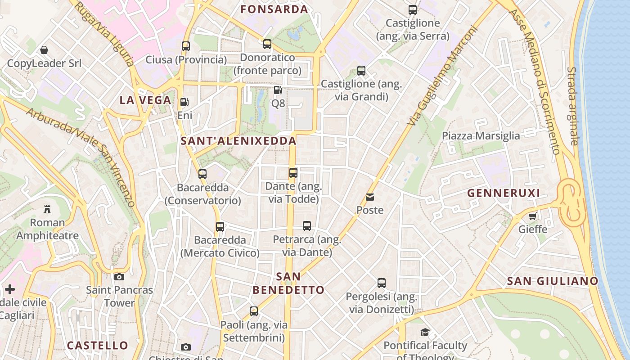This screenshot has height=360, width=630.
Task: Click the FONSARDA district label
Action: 274,9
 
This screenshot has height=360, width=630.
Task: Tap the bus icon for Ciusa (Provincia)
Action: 186,46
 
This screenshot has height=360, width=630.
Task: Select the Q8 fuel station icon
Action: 278,90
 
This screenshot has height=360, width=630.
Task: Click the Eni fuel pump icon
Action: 184,102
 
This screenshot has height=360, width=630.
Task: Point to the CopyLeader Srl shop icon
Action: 44,49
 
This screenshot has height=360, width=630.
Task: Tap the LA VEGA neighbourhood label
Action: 145,100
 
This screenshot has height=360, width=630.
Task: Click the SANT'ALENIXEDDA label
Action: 238,141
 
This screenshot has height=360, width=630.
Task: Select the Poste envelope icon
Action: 370,197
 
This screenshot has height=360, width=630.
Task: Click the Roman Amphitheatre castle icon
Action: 47,209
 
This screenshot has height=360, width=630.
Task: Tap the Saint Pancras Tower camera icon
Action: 119,277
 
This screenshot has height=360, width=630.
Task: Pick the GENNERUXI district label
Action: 504,193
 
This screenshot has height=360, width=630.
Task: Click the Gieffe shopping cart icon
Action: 533,216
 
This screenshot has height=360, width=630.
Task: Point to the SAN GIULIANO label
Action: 553,281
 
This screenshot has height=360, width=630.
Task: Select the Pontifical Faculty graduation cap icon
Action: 425,333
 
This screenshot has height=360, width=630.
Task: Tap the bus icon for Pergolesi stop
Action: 382,283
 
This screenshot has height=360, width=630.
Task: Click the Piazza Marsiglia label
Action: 481,136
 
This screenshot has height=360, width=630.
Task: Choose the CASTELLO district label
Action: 98,346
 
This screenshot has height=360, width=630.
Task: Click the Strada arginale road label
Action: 572,106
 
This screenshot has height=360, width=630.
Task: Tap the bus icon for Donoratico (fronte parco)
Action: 267,44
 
